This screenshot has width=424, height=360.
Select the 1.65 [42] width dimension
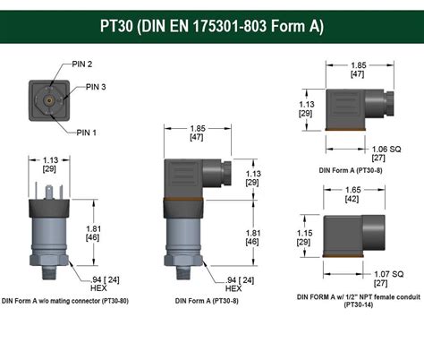coord(354,195)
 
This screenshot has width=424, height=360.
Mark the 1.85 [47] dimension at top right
coord(358,71)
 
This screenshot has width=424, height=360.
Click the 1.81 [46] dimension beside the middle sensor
coord(252,237)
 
